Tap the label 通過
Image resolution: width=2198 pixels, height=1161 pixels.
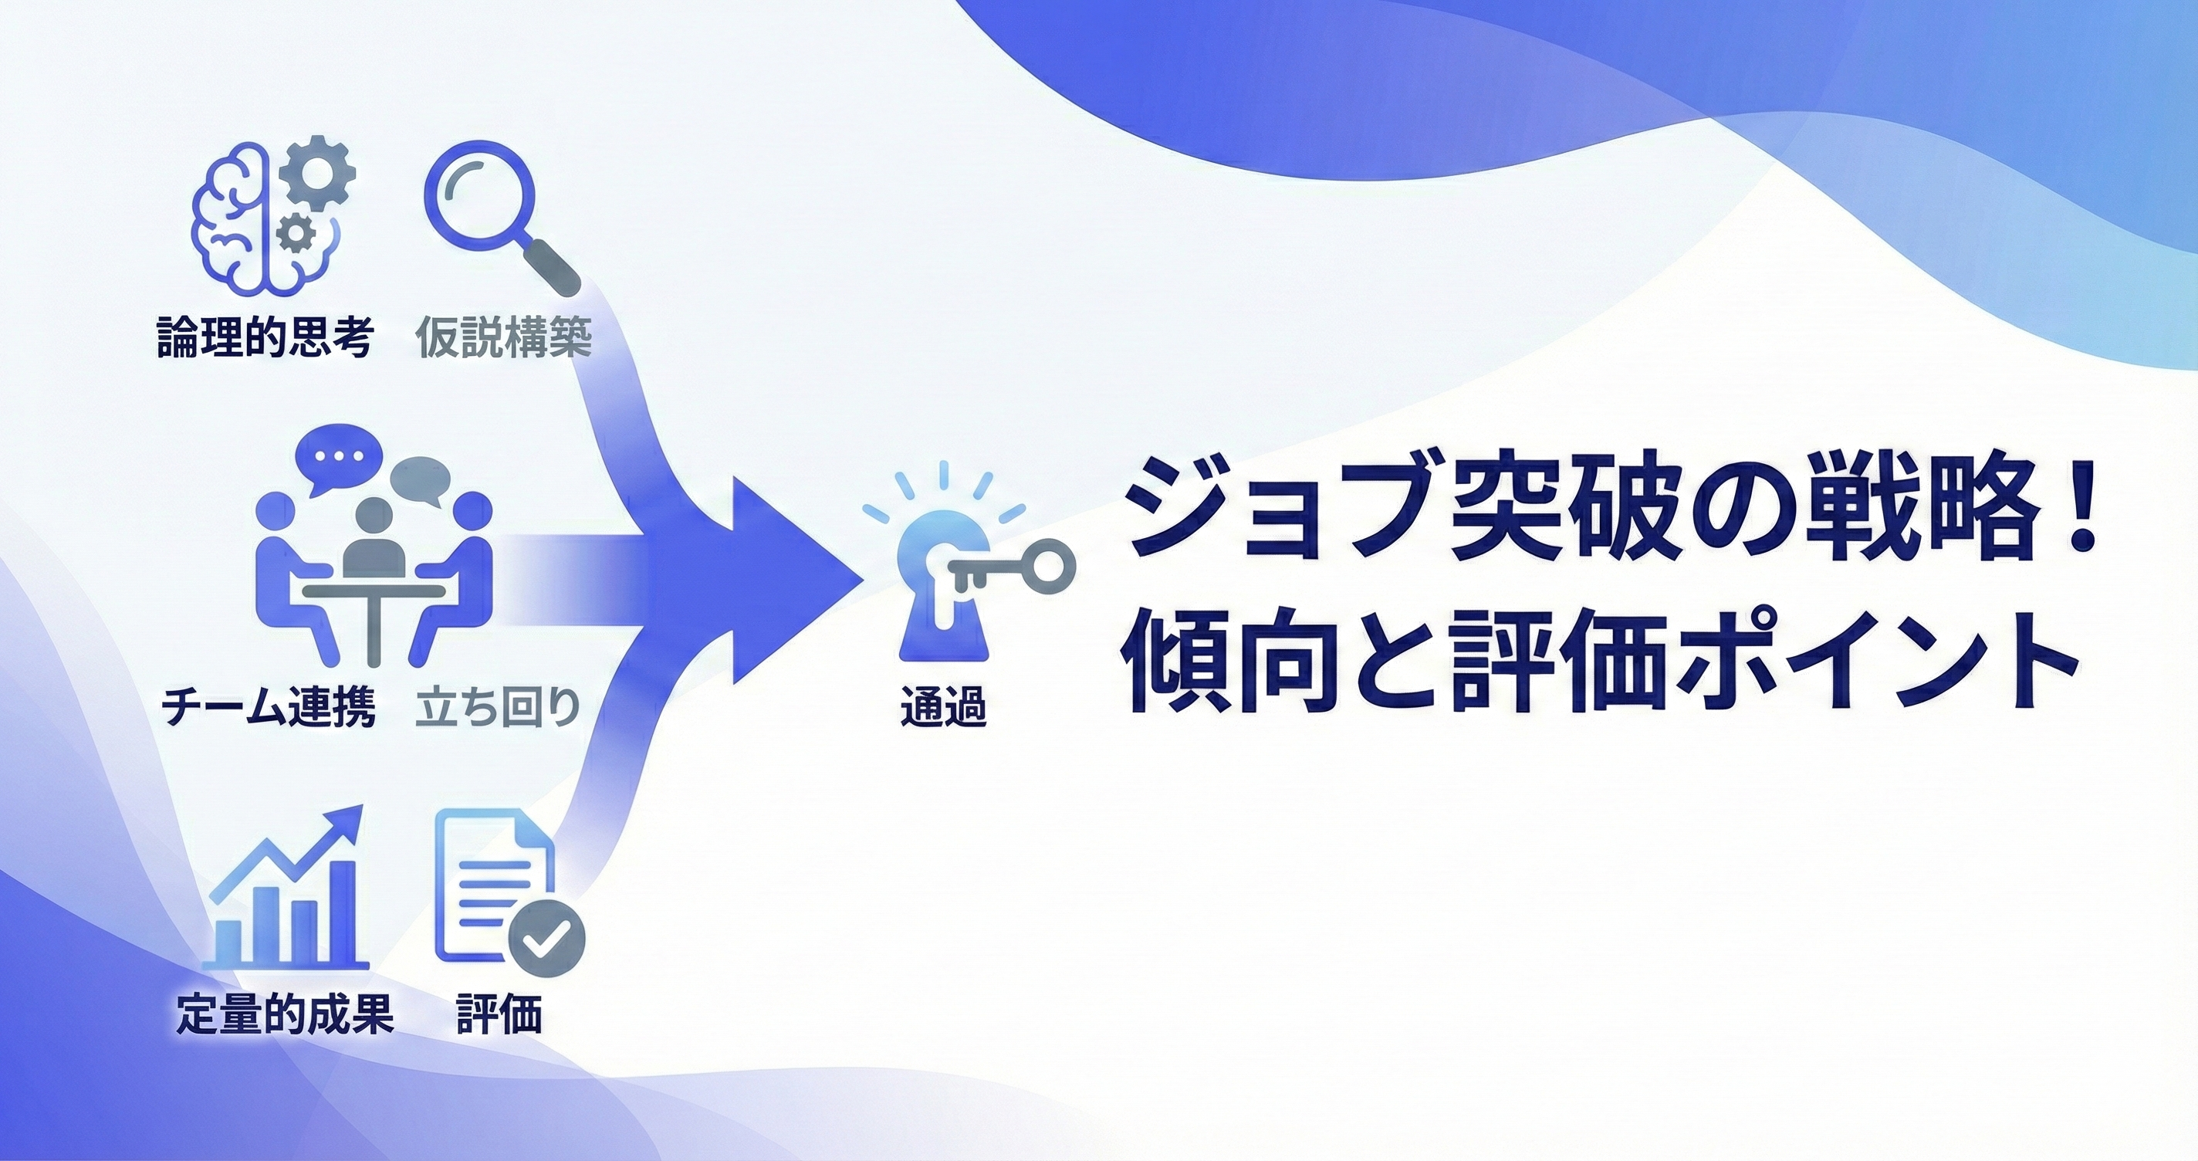point(943,707)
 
